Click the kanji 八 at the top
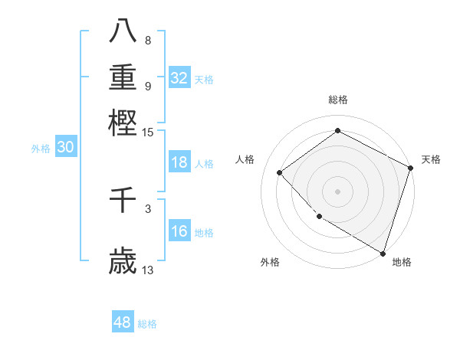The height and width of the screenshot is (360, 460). pyautogui.click(x=123, y=30)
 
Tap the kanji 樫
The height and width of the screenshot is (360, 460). pyautogui.click(x=123, y=123)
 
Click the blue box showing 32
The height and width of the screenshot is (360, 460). pyautogui.click(x=179, y=77)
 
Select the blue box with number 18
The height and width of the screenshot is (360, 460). pyautogui.click(x=179, y=162)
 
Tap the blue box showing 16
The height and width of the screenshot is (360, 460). pyautogui.click(x=179, y=231)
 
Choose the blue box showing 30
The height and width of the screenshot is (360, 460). pyautogui.click(x=65, y=148)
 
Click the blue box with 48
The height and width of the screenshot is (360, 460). pyautogui.click(x=123, y=322)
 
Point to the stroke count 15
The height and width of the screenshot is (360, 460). pyautogui.click(x=148, y=133)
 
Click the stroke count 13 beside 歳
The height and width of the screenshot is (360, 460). pyautogui.click(x=148, y=270)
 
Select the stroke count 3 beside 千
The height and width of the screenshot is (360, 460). pyautogui.click(x=148, y=208)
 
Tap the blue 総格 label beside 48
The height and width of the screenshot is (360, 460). pyautogui.click(x=147, y=324)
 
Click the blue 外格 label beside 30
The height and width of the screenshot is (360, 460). pyautogui.click(x=41, y=149)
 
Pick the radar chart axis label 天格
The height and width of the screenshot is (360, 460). pyautogui.click(x=431, y=159)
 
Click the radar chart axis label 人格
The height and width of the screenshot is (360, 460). pyautogui.click(x=245, y=159)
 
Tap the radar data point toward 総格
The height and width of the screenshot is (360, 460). pyautogui.click(x=337, y=130)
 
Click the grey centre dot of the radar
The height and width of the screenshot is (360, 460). pyautogui.click(x=337, y=191)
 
